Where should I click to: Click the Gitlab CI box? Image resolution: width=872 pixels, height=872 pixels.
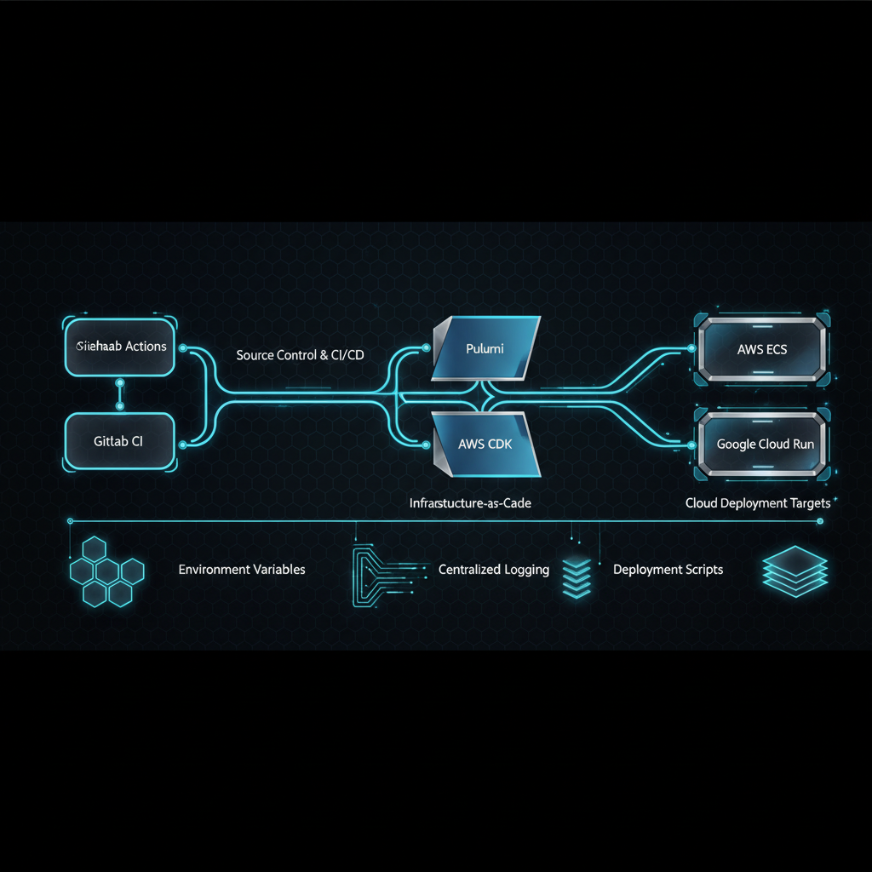tap(119, 441)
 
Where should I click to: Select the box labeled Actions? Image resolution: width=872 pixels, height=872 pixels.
tap(120, 347)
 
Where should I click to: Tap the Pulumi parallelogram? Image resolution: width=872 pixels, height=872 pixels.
tap(486, 349)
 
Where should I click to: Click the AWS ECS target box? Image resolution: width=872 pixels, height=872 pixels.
tap(762, 349)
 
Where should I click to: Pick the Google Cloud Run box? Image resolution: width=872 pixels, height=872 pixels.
tap(764, 444)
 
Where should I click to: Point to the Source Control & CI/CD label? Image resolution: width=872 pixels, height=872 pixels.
tap(300, 354)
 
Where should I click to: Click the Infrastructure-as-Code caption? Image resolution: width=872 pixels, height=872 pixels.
tap(470, 503)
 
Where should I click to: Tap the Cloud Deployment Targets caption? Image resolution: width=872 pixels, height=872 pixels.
tap(758, 503)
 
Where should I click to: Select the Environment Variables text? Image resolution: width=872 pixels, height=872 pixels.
tap(242, 569)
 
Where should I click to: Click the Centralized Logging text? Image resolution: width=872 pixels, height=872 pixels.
tap(494, 569)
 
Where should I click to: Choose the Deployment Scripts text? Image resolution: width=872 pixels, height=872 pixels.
tap(668, 569)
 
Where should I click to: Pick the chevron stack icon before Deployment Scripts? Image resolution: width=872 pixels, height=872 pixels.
tap(577, 573)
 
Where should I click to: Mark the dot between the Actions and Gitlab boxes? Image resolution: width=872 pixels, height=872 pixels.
tap(120, 383)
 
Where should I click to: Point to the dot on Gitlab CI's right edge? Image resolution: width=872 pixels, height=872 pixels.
tap(182, 444)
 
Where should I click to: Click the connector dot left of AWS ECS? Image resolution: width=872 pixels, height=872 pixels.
tap(691, 348)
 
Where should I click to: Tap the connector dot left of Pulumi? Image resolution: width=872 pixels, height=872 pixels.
tap(426, 347)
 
